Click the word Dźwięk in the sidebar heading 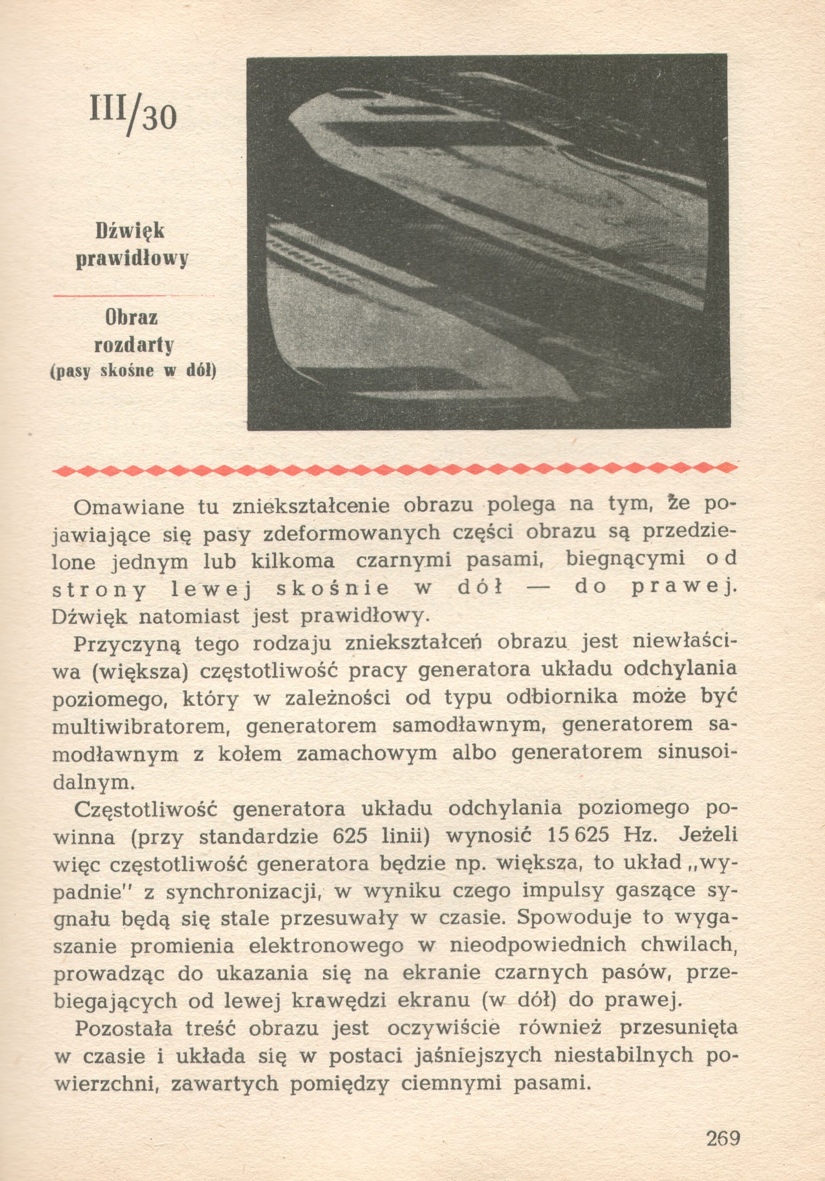(x=130, y=231)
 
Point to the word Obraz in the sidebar (x=132, y=318)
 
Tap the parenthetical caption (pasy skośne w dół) (x=133, y=371)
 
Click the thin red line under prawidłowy (x=134, y=296)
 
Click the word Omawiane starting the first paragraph (x=129, y=507)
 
